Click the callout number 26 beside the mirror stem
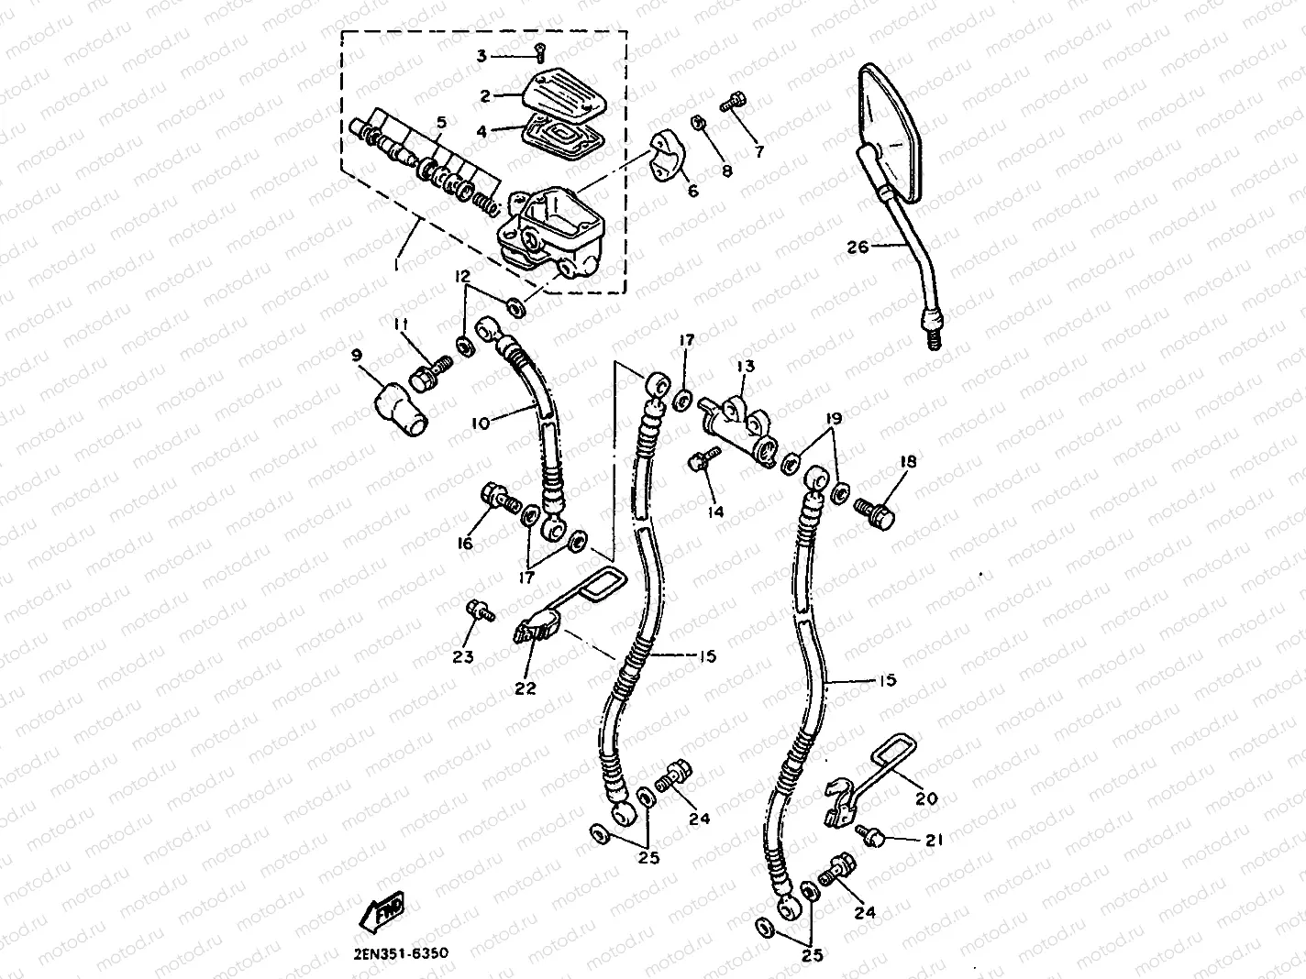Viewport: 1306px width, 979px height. tap(857, 247)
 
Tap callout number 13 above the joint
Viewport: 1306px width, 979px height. tap(745, 367)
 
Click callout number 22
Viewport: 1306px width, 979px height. tap(526, 687)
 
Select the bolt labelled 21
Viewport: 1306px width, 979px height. tap(870, 833)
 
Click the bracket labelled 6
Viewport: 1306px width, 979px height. tap(670, 159)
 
